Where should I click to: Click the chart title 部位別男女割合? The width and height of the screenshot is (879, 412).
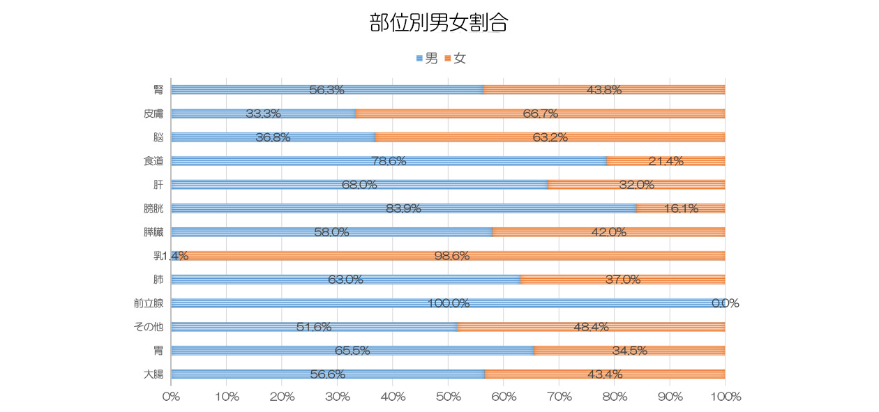pyautogui.click(x=438, y=23)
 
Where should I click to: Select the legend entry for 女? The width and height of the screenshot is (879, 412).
pyautogui.click(x=456, y=59)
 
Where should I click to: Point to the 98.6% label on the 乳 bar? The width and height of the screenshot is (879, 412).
pyautogui.click(x=451, y=256)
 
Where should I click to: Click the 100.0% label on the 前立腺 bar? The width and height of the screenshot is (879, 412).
pyautogui.click(x=448, y=303)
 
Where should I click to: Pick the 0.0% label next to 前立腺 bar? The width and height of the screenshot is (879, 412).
pyautogui.click(x=725, y=303)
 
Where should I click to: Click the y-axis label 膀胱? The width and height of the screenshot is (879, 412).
pyautogui.click(x=153, y=208)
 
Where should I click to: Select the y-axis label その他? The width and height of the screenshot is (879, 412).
pyautogui.click(x=148, y=327)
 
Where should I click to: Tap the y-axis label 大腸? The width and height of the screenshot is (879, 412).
pyautogui.click(x=153, y=374)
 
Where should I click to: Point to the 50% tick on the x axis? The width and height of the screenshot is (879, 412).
pyautogui.click(x=448, y=397)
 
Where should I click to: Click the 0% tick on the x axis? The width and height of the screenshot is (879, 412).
pyautogui.click(x=171, y=397)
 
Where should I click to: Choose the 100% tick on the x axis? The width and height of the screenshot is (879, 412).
pyautogui.click(x=725, y=397)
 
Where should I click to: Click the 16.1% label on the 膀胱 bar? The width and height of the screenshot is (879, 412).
pyautogui.click(x=681, y=208)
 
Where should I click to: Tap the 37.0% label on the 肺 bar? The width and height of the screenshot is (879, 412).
pyautogui.click(x=623, y=280)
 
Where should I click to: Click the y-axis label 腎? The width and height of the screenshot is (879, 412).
pyautogui.click(x=158, y=90)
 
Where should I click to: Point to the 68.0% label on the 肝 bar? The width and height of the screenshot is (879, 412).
pyautogui.click(x=359, y=185)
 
